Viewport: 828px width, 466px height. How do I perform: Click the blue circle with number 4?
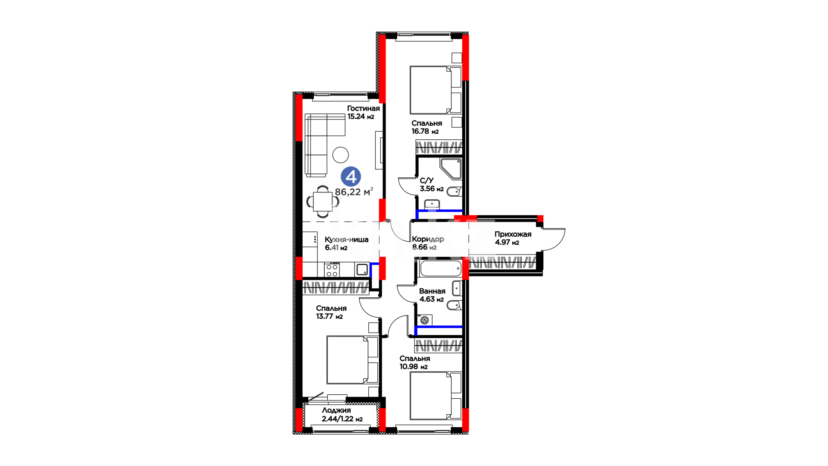coord(351,177)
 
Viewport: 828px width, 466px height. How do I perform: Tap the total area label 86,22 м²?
coord(354,192)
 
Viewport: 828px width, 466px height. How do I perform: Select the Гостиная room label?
coord(364,108)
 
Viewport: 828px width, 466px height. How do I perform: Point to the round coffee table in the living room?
coord(341,155)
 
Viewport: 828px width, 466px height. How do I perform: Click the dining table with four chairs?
coord(323,202)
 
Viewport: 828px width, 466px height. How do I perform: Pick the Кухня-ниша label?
coord(347,239)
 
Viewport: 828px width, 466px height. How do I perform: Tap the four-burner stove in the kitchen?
coord(332,270)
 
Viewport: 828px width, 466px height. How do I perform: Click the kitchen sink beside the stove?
coord(362,270)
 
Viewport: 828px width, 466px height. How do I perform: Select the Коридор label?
coord(428,239)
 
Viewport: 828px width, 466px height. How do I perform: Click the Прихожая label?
coord(513,234)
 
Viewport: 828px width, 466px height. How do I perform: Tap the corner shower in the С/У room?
coord(451,169)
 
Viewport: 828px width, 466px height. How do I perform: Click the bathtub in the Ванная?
coord(440,268)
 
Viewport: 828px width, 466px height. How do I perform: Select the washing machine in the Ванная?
coord(425,320)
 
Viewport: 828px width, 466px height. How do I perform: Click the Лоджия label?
coord(336,410)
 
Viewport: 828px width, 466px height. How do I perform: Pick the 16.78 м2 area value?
coord(425,131)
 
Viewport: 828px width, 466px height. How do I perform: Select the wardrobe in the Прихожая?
coord(503,263)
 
